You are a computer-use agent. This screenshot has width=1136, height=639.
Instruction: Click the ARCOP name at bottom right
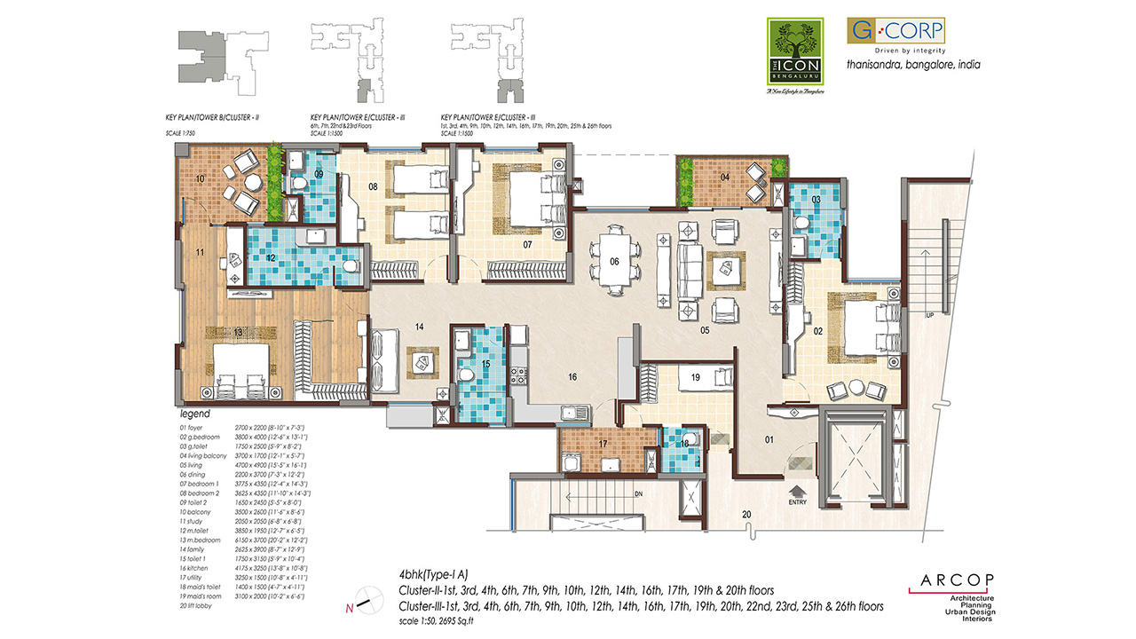951,586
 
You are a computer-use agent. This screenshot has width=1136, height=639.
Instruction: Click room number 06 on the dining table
614,261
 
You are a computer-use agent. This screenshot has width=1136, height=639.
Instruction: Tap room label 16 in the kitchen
573,377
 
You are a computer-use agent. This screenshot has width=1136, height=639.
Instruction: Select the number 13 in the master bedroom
239,332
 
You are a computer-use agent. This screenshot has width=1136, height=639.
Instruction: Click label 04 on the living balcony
725,177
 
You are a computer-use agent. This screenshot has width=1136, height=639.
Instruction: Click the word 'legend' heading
195,414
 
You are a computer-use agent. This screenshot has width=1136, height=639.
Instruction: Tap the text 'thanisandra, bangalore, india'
912,65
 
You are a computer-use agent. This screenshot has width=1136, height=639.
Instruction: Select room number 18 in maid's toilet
684,443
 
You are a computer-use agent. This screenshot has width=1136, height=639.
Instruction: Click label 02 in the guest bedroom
818,331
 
